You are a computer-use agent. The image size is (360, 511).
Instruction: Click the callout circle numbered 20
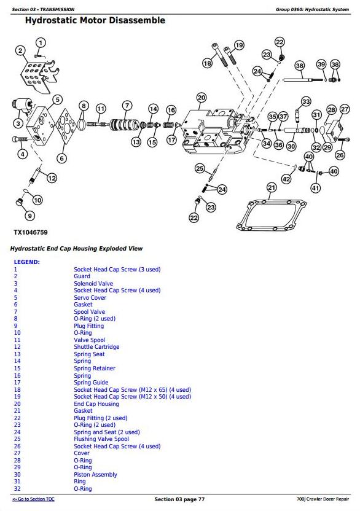pyautogui.click(x=202, y=98)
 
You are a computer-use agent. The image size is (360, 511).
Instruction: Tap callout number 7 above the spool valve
pyautogui.click(x=127, y=105)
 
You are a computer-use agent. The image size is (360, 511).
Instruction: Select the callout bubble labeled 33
pyautogui.click(x=305, y=101)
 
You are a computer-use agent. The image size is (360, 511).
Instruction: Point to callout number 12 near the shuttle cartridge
pyautogui.click(x=52, y=178)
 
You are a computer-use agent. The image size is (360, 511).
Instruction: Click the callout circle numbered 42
pyautogui.click(x=286, y=179)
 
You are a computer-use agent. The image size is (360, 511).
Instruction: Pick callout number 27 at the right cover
pyautogui.click(x=345, y=109)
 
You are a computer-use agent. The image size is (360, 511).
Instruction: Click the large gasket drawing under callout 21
pyautogui.click(x=272, y=215)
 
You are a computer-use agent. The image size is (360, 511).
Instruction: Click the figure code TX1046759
pyautogui.click(x=31, y=232)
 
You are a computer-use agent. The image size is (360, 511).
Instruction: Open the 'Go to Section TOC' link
pyautogui.click(x=33, y=499)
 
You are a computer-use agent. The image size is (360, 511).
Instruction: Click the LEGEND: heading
pyautogui.click(x=27, y=262)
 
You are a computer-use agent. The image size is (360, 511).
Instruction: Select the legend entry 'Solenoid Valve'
pyautogui.click(x=93, y=284)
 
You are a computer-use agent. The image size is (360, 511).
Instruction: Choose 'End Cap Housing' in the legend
pyautogui.click(x=96, y=404)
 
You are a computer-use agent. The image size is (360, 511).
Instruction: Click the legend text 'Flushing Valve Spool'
pyautogui.click(x=101, y=439)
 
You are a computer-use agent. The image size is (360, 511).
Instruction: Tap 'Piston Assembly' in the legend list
pyautogui.click(x=95, y=475)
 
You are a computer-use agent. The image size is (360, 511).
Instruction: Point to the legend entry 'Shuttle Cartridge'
pyautogui.click(x=96, y=347)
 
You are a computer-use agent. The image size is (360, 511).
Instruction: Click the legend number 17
pyautogui.click(x=17, y=382)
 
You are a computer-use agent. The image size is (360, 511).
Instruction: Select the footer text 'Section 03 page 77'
pyautogui.click(x=179, y=499)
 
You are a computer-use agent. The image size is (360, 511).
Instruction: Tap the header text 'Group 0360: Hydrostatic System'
pyautogui.click(x=312, y=9)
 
